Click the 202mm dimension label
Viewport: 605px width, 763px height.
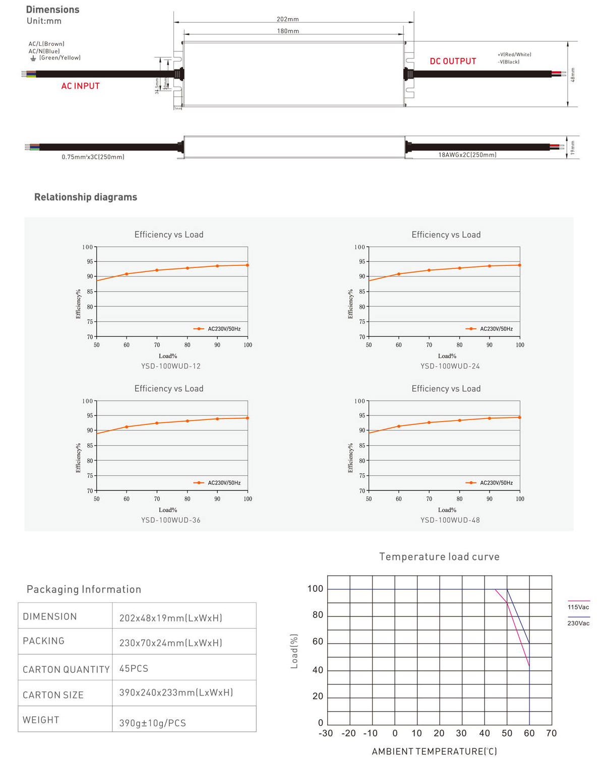pyautogui.click(x=287, y=19)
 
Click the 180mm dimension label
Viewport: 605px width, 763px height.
pyautogui.click(x=288, y=31)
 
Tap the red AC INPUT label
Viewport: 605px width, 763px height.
pyautogui.click(x=81, y=86)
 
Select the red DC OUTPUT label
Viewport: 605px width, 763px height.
pyautogui.click(x=453, y=61)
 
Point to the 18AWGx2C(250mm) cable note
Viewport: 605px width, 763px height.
pyautogui.click(x=467, y=155)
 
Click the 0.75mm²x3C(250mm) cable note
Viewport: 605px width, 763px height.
pyautogui.click(x=93, y=157)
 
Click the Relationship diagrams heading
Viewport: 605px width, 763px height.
pyautogui.click(x=86, y=197)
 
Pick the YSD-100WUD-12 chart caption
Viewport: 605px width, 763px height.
pyautogui.click(x=171, y=366)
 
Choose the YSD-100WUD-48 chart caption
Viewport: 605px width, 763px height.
pyautogui.click(x=450, y=520)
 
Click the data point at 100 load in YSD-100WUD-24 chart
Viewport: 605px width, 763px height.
pyautogui.click(x=519, y=265)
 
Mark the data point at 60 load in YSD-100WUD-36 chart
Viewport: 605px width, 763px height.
pyautogui.click(x=127, y=427)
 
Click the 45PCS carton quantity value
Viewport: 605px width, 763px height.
pyautogui.click(x=134, y=668)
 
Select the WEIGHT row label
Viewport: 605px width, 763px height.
pyautogui.click(x=41, y=720)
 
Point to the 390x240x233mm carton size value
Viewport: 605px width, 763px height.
pyautogui.click(x=176, y=692)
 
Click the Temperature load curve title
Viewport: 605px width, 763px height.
pyautogui.click(x=439, y=557)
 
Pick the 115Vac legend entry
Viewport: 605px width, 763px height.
pyautogui.click(x=578, y=607)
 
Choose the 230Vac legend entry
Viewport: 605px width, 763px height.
pyautogui.click(x=578, y=623)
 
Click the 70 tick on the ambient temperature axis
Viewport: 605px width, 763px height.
pyautogui.click(x=552, y=733)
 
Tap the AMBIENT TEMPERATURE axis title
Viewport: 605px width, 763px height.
pyautogui.click(x=434, y=751)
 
